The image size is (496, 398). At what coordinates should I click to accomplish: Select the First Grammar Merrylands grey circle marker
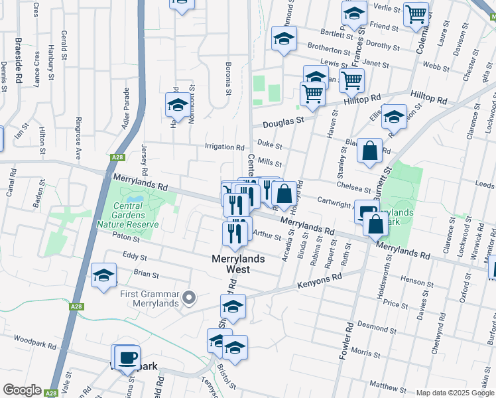[190, 298]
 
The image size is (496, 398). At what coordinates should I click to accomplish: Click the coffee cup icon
[127, 358]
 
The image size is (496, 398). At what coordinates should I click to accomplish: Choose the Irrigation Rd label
[225, 147]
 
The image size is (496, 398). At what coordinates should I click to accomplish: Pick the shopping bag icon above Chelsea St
[369, 150]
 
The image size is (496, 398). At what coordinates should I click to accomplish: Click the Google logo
[21, 390]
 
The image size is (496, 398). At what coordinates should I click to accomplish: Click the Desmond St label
[376, 326]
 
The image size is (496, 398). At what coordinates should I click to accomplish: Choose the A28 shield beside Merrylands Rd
[118, 157]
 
